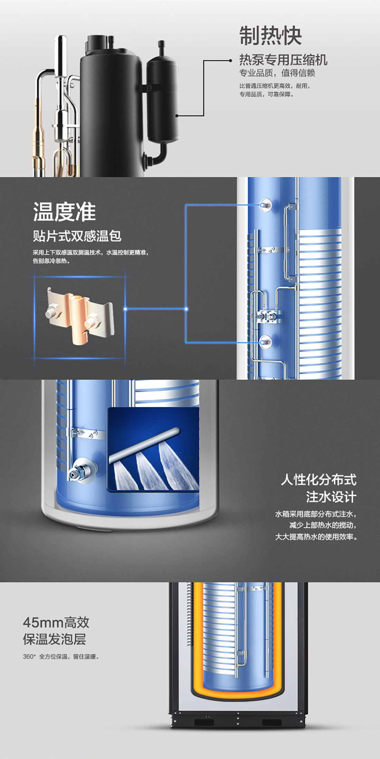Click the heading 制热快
(270, 36)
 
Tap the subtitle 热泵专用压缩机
(283, 60)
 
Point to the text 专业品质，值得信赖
(277, 73)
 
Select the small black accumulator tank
(162, 100)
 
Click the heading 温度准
(64, 212)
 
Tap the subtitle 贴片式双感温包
(77, 236)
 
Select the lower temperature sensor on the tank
(265, 342)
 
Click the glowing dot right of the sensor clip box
(125, 309)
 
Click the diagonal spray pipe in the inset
(144, 445)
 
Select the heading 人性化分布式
(319, 480)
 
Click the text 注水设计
(331, 497)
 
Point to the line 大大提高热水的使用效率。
(316, 537)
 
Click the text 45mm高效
(56, 623)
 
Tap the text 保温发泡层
(54, 639)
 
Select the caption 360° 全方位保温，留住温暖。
(61, 657)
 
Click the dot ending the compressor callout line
(231, 60)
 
